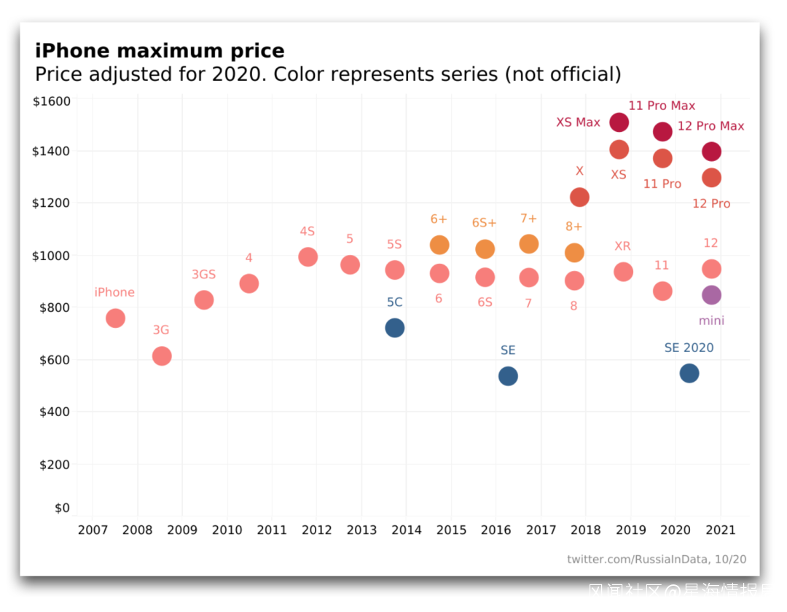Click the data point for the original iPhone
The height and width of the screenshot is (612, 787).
point(115,318)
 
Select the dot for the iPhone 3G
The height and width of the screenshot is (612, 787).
point(162,356)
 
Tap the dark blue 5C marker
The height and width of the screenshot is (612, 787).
point(394,328)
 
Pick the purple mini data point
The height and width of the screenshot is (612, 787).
point(711,295)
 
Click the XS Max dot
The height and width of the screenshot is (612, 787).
point(619,122)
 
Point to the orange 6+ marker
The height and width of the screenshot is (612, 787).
point(439,245)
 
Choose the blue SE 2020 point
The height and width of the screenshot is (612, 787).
point(689,373)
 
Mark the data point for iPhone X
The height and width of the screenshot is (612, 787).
point(579,197)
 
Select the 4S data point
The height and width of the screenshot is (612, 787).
point(308,256)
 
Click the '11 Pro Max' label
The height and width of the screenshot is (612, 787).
point(662,106)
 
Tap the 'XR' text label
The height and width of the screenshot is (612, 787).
point(622,246)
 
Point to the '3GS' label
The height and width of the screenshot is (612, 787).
point(204,275)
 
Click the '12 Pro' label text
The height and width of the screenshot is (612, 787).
point(711,204)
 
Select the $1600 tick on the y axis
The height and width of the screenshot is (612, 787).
point(52,101)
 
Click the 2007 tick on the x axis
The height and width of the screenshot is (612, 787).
point(93,530)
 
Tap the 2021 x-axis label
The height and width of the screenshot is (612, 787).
point(721,530)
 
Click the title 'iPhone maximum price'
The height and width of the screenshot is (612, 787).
point(160,51)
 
